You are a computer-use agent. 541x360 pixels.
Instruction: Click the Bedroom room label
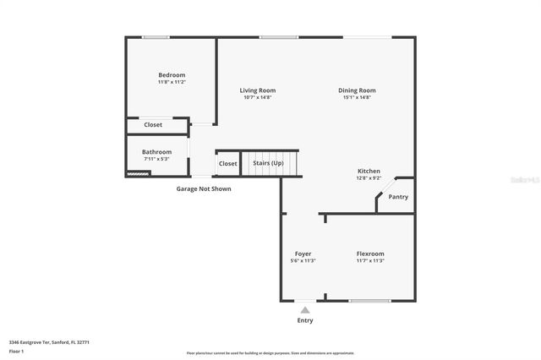pos(172,75)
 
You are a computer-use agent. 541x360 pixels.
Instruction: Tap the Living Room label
pos(257,90)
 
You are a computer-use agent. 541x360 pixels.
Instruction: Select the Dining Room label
pos(357,90)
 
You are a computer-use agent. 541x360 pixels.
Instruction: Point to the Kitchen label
pos(369,171)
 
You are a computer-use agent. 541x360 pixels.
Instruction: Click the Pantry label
pos(397,197)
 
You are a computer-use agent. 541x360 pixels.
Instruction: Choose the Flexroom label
pos(370,254)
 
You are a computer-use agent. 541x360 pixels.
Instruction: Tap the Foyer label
pos(303,254)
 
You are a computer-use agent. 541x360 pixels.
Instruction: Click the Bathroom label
pos(156,152)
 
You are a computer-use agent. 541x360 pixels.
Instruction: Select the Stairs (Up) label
pos(269,163)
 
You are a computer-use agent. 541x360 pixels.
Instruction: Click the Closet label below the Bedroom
pos(153,125)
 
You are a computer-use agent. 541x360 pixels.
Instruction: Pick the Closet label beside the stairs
pos(227,163)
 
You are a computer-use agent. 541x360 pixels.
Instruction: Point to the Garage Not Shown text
pos(203,188)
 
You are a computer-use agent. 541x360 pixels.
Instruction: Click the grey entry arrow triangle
pos(305,310)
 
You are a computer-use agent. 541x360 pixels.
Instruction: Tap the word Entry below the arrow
pos(305,321)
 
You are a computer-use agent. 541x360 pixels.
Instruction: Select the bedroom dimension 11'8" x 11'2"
pos(172,82)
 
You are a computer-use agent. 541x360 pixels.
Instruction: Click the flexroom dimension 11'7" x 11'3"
pos(370,260)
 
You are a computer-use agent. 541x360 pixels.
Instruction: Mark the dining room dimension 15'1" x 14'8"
pos(357,97)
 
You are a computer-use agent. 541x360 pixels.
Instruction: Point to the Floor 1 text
pos(17,350)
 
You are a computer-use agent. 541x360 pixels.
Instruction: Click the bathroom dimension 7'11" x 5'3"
pos(156,159)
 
